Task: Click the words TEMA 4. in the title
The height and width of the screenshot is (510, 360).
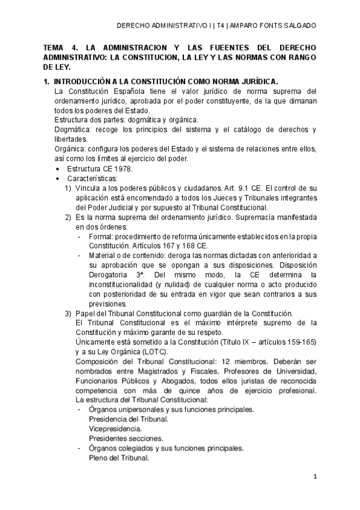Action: [59, 48]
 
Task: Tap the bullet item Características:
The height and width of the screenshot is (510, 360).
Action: [93, 179]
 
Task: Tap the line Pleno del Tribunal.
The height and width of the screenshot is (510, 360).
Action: [118, 458]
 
